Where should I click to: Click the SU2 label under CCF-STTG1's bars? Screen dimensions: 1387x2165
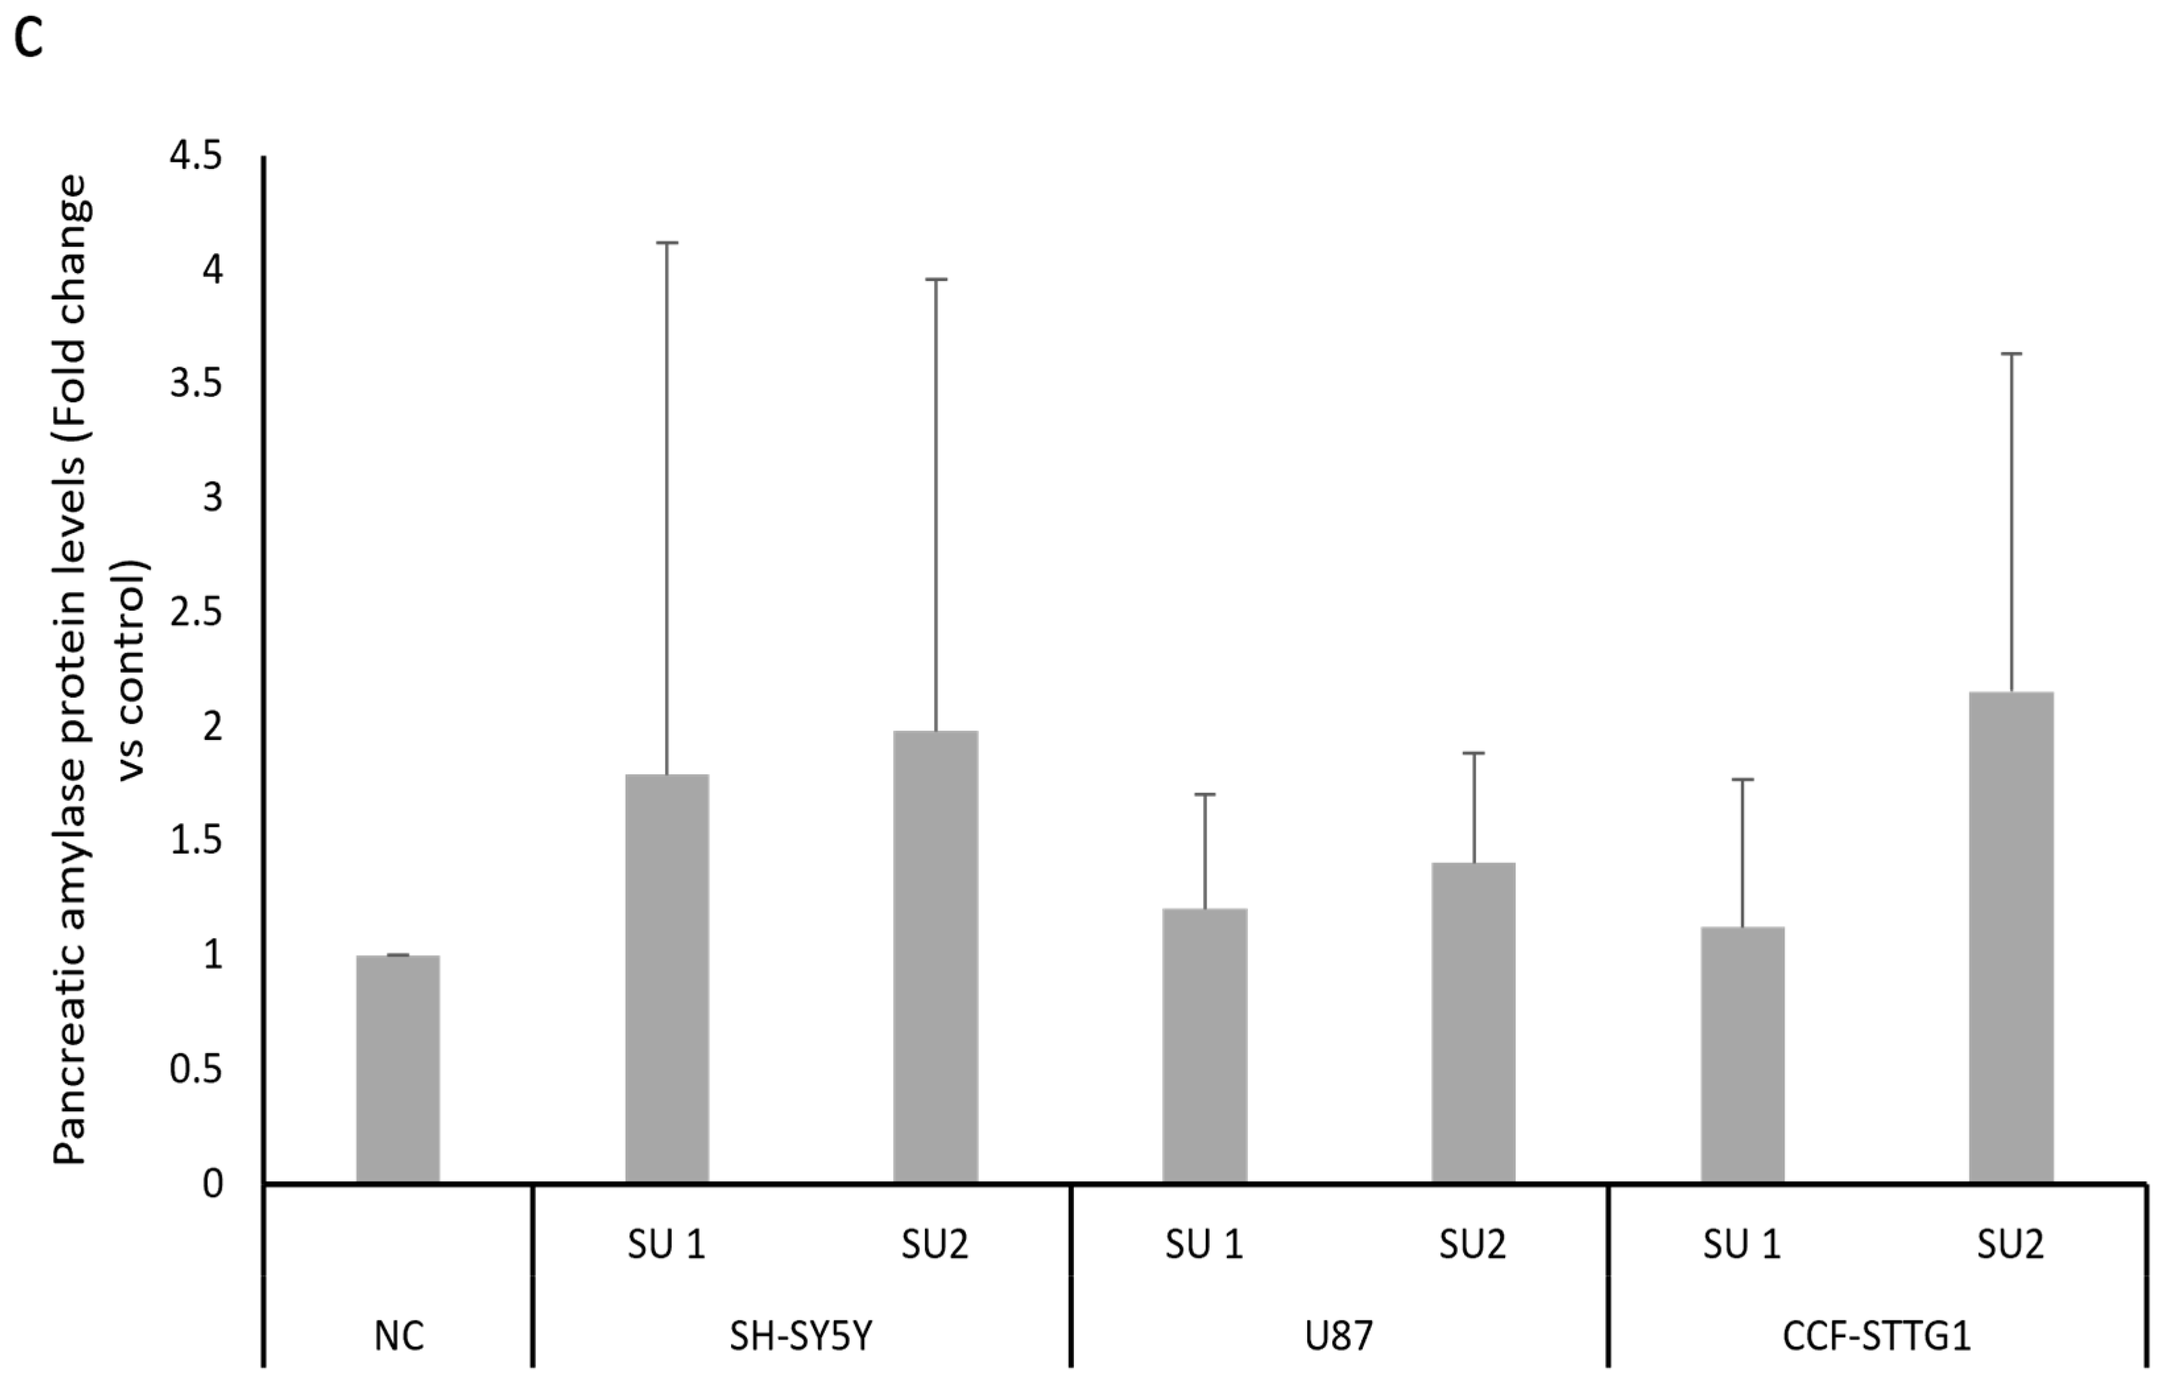2010,1245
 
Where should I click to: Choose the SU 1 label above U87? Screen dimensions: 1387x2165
1204,1245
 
